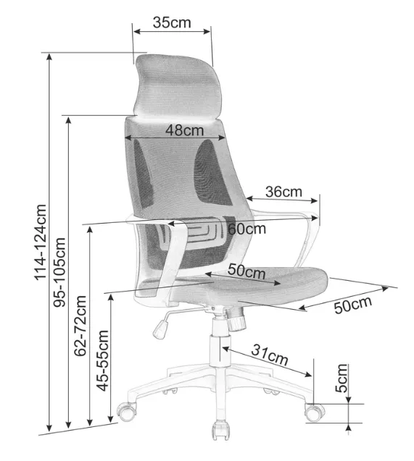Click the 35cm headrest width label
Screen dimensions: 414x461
click(x=172, y=22)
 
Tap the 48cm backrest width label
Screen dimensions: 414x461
click(x=185, y=130)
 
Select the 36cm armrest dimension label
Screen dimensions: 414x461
click(x=283, y=192)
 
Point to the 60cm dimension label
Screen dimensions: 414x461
click(x=247, y=229)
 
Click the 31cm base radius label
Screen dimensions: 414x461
click(x=270, y=355)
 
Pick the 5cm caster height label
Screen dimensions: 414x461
click(x=341, y=378)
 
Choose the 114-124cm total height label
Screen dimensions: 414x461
click(x=41, y=242)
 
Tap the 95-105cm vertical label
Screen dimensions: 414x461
click(x=59, y=272)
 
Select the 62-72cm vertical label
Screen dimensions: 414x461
click(x=80, y=326)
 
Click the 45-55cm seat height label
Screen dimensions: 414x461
click(x=103, y=360)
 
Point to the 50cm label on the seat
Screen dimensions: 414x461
click(x=247, y=271)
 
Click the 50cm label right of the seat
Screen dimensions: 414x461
click(x=353, y=305)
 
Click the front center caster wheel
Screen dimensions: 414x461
click(x=221, y=430)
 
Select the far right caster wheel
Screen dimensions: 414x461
click(x=315, y=413)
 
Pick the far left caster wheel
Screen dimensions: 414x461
click(x=127, y=411)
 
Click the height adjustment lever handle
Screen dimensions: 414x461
click(x=161, y=329)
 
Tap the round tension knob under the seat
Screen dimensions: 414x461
click(x=236, y=322)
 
